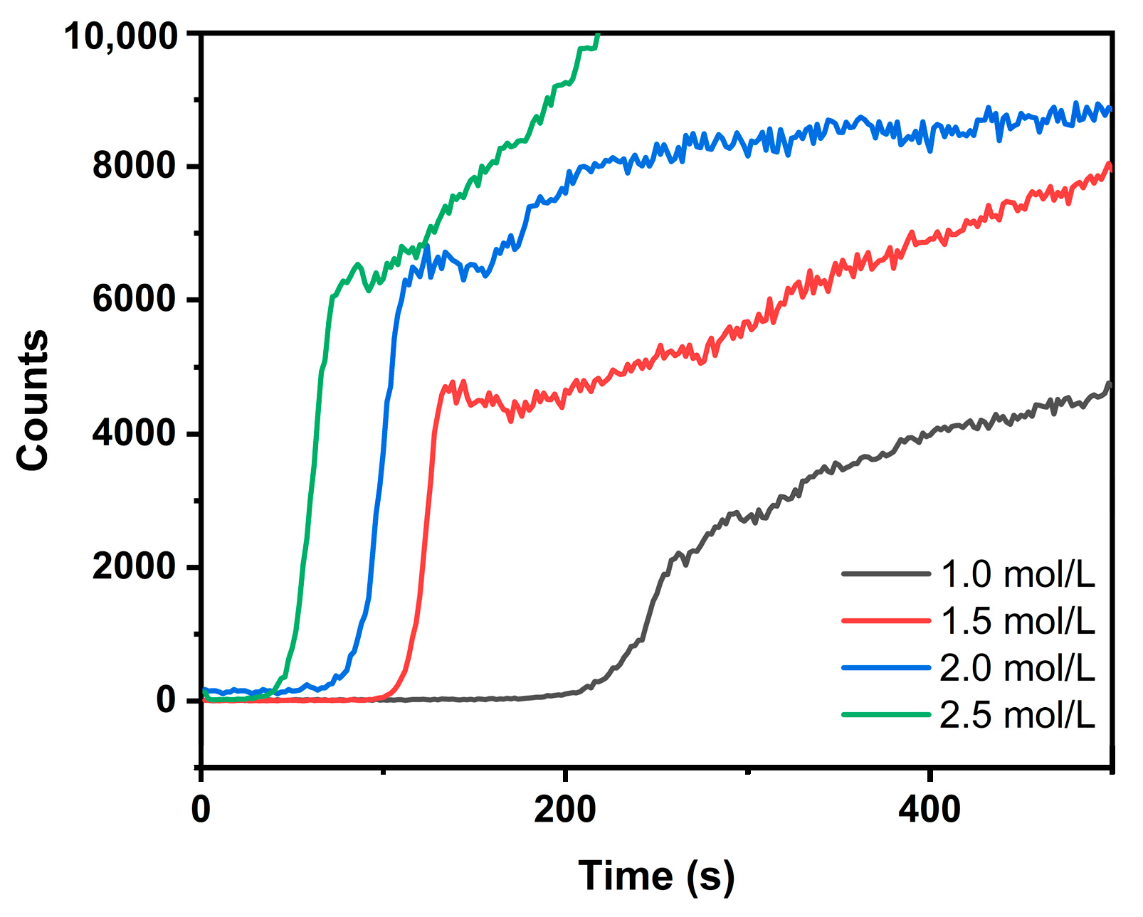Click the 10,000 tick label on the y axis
[x=120, y=36]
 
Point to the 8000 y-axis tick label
[x=134, y=166]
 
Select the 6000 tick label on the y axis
[x=134, y=300]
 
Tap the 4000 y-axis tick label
[x=134, y=433]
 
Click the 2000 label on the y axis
[x=134, y=567]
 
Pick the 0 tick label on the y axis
[x=166, y=701]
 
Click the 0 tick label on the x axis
[x=201, y=810]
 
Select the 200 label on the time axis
[x=565, y=810]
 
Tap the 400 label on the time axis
[x=929, y=810]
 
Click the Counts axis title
[x=33, y=401]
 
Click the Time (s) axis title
[x=656, y=876]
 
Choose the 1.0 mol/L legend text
[x=1017, y=574]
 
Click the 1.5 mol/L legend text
[x=1017, y=621]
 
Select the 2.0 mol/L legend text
[x=1017, y=668]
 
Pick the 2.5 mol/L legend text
[x=1017, y=715]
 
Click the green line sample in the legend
[x=885, y=714]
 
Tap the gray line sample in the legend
[x=885, y=573]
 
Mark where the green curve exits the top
[x=598, y=35]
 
